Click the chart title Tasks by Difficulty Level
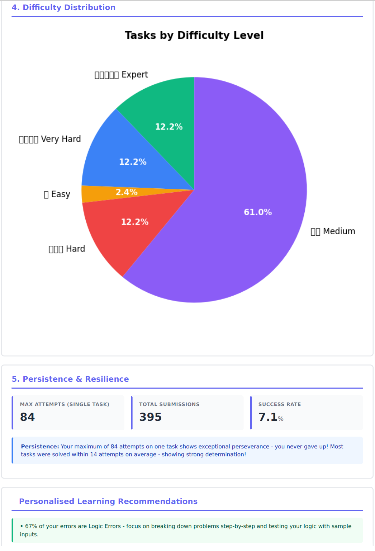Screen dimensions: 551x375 point(194,35)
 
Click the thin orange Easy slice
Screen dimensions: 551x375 point(97,193)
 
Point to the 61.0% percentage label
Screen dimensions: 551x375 point(258,212)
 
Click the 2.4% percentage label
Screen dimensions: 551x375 point(127,192)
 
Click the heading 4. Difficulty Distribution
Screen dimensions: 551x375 point(63,8)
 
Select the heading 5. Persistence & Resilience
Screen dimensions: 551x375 point(70,379)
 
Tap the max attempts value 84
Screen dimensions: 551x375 point(28,417)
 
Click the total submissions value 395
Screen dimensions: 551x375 point(151,417)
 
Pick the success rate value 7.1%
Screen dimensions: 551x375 point(271,417)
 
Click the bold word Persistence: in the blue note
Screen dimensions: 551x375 point(40,447)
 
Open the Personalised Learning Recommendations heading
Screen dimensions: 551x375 point(108,501)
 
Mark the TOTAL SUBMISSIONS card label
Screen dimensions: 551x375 point(169,404)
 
